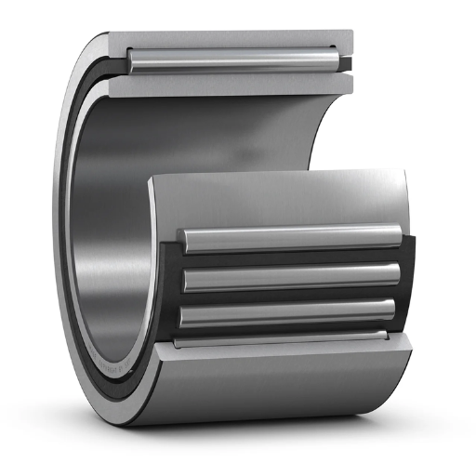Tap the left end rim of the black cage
coord(172,284)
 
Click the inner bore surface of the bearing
coord(112,232)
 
